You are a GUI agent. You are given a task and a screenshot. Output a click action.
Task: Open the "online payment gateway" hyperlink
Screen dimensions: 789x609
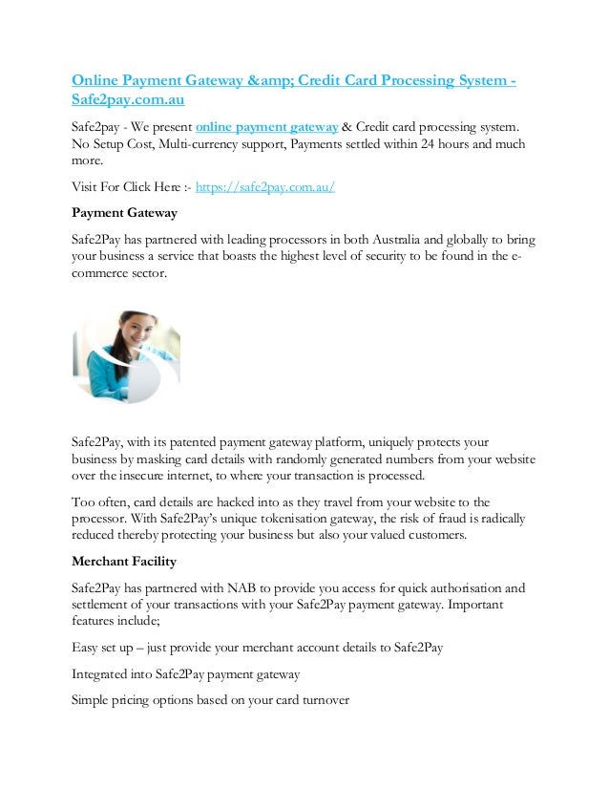[x=266, y=127]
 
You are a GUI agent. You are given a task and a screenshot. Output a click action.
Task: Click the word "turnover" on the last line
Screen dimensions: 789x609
[x=322, y=697]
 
